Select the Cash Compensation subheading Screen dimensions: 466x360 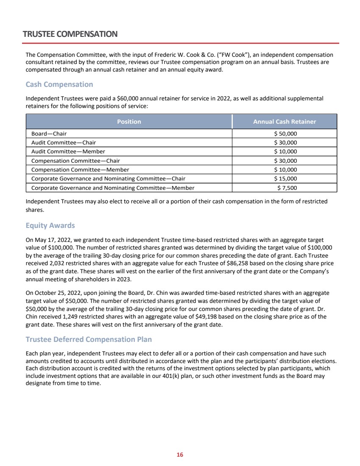tap(59, 84)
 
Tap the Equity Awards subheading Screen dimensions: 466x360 tap(50, 225)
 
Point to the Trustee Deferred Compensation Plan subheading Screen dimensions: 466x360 tap(89, 339)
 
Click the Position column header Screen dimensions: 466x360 tap(129, 122)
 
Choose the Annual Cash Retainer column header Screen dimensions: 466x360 tap(285, 122)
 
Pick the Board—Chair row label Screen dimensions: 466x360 tap(49, 134)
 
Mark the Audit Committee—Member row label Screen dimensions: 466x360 tap(68, 152)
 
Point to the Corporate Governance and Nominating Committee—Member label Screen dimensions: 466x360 tap(113, 188)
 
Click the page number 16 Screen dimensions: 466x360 tap(180, 455)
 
